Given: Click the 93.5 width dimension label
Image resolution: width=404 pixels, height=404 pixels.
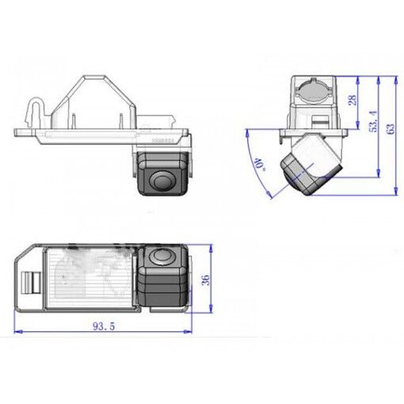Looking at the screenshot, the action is tap(104, 326).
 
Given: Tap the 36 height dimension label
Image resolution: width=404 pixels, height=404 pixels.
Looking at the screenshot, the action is tap(205, 280).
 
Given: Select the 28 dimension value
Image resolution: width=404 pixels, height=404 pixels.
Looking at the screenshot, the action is tap(353, 100).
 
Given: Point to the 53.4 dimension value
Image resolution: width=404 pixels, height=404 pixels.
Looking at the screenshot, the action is tap(373, 121).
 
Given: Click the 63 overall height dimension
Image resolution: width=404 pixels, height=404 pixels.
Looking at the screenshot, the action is tap(391, 128).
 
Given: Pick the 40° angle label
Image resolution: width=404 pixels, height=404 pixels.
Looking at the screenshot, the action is tap(259, 164).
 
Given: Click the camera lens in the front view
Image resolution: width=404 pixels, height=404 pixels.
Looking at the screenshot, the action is tap(162, 181).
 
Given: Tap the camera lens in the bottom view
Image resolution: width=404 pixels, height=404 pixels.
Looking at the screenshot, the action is tap(162, 256).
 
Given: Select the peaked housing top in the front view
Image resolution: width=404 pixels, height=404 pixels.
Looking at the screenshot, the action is tap(94, 101).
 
